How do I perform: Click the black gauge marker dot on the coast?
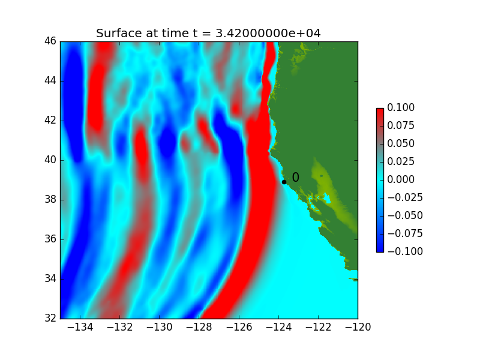pos(284,182)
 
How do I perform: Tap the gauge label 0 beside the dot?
pos(295,177)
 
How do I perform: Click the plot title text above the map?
pos(208,33)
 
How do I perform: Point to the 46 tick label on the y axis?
pos(50,41)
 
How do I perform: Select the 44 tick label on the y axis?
pos(50,80)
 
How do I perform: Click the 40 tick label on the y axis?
pos(50,160)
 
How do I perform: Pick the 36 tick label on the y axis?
pos(50,239)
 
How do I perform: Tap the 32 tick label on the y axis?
pos(50,319)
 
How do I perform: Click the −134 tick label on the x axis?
pos(80,327)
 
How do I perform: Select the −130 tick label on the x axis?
pos(159,327)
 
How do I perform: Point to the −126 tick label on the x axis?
pos(239,327)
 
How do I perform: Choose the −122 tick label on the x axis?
pos(318,327)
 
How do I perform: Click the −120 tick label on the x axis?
pos(358,327)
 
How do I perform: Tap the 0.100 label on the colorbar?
pos(401,107)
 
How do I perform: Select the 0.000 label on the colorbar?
pos(401,179)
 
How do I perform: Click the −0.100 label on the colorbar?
pos(405,251)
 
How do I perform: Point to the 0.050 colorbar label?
pos(401,143)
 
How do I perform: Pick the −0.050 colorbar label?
pos(405,215)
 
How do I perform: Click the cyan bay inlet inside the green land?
pos(326,199)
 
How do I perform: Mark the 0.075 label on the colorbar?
pos(401,125)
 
